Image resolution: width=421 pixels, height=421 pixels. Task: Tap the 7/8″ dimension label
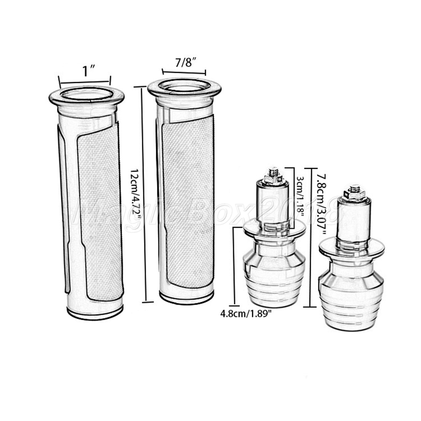(x=185, y=63)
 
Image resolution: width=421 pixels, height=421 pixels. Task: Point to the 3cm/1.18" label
(x=300, y=196)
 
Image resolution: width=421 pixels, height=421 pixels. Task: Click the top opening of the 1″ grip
(x=86, y=94)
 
